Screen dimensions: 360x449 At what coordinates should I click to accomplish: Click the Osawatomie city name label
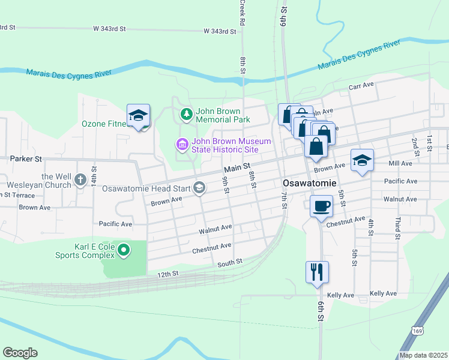308,182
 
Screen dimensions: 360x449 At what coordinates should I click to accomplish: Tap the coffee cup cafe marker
321,206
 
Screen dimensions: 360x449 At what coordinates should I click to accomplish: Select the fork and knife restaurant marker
316,271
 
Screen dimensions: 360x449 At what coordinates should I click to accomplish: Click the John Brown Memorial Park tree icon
187,113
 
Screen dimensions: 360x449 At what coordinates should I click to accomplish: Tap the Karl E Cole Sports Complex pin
124,250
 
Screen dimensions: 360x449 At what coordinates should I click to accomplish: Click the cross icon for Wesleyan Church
80,179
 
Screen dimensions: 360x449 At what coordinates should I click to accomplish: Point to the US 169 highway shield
418,331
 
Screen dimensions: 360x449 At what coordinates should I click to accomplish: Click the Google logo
20,352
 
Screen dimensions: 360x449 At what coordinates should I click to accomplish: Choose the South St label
229,262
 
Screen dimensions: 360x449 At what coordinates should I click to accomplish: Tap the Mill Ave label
400,163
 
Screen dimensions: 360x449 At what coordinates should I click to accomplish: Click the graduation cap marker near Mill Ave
362,161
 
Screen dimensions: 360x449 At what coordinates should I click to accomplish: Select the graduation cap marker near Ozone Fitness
138,116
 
